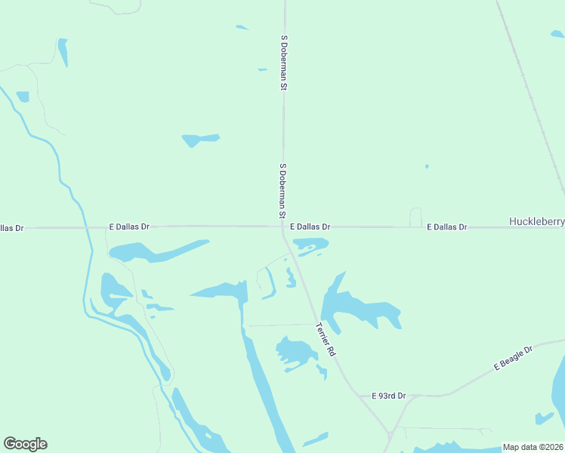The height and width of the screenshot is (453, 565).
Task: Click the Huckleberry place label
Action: (536, 222)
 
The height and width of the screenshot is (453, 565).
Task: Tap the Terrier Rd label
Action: (326, 339)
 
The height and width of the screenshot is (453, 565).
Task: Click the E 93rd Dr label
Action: (389, 396)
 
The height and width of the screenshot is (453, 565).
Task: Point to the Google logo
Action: (25, 444)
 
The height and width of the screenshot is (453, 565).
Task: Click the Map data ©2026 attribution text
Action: (533, 447)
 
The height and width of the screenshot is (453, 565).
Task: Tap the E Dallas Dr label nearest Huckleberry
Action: (447, 226)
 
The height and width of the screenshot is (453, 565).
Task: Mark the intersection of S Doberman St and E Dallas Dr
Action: (283, 226)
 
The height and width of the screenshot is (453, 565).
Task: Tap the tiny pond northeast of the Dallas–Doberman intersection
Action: (427, 166)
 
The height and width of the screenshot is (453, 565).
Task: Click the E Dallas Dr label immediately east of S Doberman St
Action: (310, 226)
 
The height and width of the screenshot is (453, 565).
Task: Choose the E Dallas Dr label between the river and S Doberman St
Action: (129, 226)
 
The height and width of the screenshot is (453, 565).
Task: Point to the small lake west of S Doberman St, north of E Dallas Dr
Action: (198, 140)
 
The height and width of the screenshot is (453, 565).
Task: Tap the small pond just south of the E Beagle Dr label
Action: (543, 417)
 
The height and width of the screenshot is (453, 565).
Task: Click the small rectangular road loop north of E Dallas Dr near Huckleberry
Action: (415, 217)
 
